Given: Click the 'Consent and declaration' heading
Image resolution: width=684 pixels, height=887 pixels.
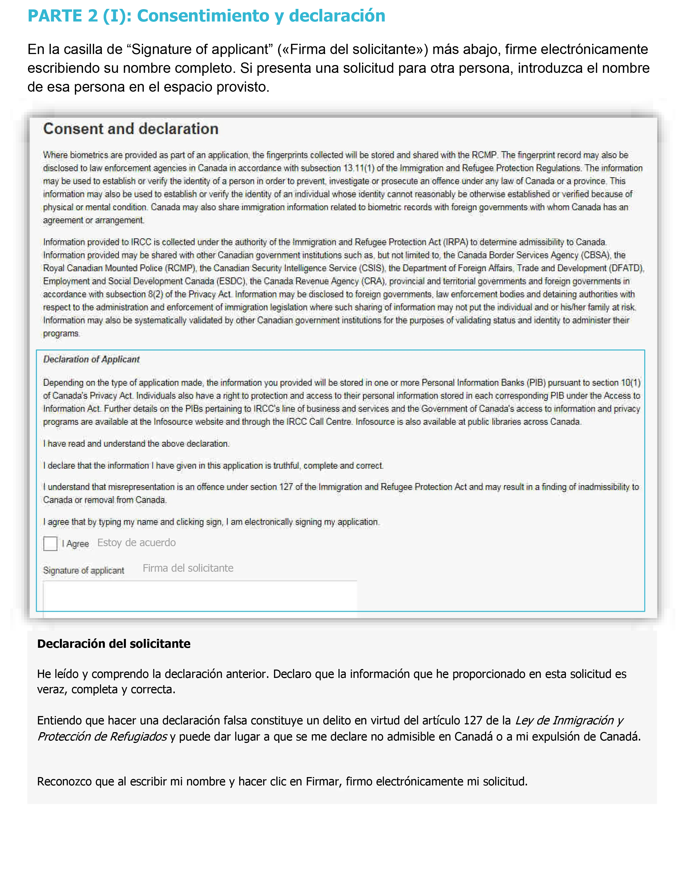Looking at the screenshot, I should tap(131, 129).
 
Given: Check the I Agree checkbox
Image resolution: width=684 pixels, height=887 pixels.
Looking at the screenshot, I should tap(50, 543).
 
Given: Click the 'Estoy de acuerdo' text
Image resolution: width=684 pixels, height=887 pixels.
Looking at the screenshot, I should tap(137, 543).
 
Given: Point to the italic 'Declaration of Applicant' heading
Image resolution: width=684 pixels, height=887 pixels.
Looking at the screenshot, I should tap(91, 359).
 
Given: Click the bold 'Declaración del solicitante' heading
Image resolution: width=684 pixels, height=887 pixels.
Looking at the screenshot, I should tap(114, 644).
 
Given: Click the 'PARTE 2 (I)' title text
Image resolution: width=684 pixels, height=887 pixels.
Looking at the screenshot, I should tap(77, 16).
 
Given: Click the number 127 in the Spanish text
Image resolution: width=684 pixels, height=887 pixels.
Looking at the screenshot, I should tap(473, 720).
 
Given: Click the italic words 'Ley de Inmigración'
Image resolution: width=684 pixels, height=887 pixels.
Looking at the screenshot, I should tap(565, 720).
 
